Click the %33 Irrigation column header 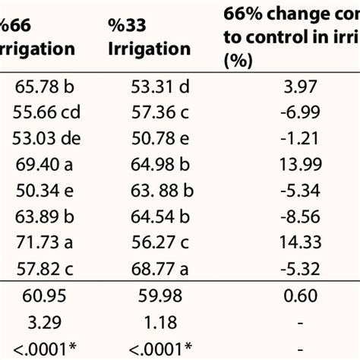click(x=148, y=37)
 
